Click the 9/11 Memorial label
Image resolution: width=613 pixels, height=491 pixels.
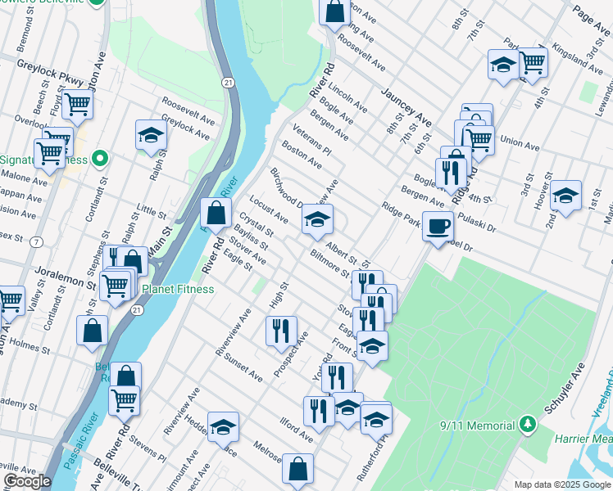click(x=477, y=425)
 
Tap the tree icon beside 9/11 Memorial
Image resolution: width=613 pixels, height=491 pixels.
click(x=529, y=425)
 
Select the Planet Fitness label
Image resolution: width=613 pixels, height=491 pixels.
click(x=178, y=289)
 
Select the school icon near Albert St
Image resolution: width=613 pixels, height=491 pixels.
click(x=317, y=218)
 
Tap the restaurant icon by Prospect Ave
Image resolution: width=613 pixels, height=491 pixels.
click(x=281, y=330)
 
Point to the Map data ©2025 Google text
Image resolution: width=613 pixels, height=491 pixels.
click(x=561, y=484)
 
